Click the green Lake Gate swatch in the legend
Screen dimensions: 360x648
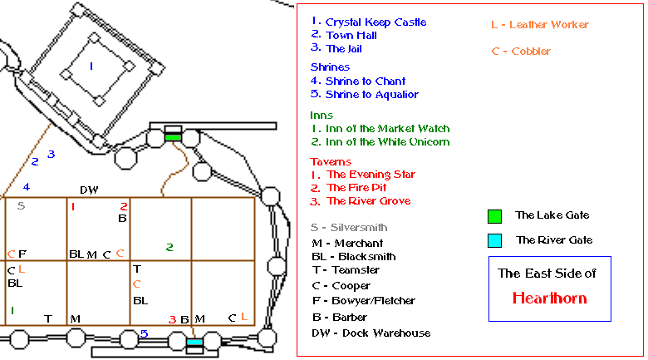pos(494,216)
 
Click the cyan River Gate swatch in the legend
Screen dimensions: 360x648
pos(494,240)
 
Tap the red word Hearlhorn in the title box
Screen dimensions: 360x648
pos(549,298)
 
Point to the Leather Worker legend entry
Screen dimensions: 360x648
pos(532,25)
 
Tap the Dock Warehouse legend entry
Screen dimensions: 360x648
pos(371,333)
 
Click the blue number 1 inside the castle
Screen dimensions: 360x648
pos(91,65)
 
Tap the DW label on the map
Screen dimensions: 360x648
pos(89,190)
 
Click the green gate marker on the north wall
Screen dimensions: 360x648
pos(173,136)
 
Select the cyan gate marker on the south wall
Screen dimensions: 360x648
pos(194,343)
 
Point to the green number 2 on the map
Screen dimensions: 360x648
pos(169,247)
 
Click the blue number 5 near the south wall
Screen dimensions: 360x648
pos(144,334)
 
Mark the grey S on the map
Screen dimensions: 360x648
pos(21,205)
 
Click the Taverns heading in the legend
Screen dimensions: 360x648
pos(331,161)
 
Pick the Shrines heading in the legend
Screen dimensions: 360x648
pos(330,67)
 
